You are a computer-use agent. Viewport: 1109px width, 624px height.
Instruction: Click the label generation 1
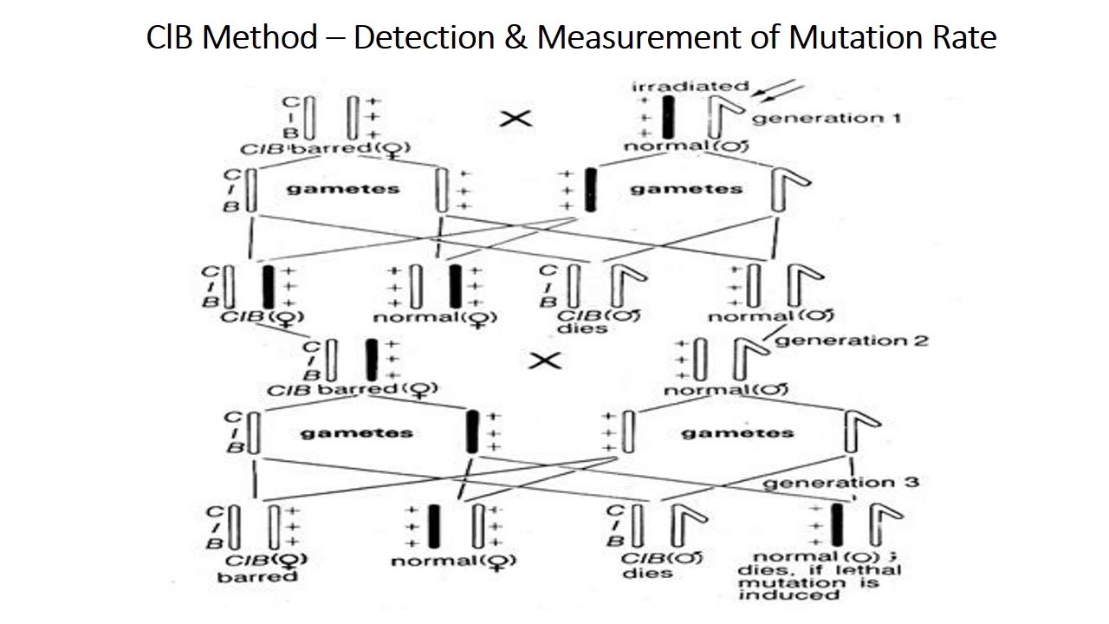tap(826, 118)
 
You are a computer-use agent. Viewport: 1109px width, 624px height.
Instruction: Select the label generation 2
tap(852, 341)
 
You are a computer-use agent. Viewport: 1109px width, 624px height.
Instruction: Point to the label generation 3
tap(840, 482)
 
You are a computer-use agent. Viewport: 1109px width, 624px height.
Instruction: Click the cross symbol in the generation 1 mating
tap(516, 118)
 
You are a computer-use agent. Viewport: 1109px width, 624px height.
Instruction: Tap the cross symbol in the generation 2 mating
tap(545, 361)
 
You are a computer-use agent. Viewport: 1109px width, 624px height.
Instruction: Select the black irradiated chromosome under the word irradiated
tap(669, 117)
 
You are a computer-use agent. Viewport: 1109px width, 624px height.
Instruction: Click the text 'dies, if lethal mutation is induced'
tap(819, 575)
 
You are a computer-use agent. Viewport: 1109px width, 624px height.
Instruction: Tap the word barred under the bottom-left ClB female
tap(257, 576)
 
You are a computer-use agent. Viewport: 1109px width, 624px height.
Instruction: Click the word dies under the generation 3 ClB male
tap(645, 573)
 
